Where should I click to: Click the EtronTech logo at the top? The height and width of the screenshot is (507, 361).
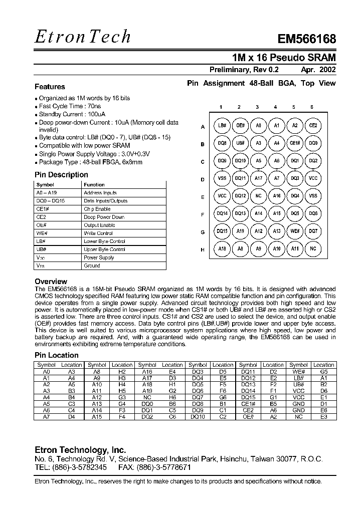pyautogui.click(x=83, y=36)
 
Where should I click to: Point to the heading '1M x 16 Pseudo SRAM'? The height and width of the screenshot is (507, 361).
pyautogui.click(x=284, y=57)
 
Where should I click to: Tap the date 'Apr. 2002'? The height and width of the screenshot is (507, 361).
pyautogui.click(x=318, y=70)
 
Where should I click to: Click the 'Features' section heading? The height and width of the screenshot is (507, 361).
pyautogui.click(x=50, y=87)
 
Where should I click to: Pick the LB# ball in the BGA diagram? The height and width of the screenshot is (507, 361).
pyautogui.click(x=222, y=125)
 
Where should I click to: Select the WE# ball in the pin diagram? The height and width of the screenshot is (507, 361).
pyautogui.click(x=295, y=231)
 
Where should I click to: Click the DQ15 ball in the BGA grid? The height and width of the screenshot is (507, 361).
pyautogui.click(x=222, y=231)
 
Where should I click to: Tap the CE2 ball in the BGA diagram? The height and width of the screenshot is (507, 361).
pyautogui.click(x=313, y=125)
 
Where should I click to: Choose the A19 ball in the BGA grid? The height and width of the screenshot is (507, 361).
pyautogui.click(x=240, y=231)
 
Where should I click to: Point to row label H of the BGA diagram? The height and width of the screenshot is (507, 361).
pyautogui.click(x=203, y=249)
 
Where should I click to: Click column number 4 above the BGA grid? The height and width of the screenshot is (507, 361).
pyautogui.click(x=275, y=107)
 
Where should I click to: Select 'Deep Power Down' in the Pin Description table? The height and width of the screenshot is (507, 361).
pyautogui.click(x=104, y=217)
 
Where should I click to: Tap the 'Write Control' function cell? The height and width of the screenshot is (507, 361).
pyautogui.click(x=98, y=233)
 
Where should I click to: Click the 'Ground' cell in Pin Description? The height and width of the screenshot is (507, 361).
pyautogui.click(x=92, y=266)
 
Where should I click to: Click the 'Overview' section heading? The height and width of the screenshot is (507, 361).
pyautogui.click(x=51, y=282)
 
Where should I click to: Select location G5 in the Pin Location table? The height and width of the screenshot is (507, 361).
pyautogui.click(x=323, y=371)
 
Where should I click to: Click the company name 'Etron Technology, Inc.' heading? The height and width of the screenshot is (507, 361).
pyautogui.click(x=80, y=449)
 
